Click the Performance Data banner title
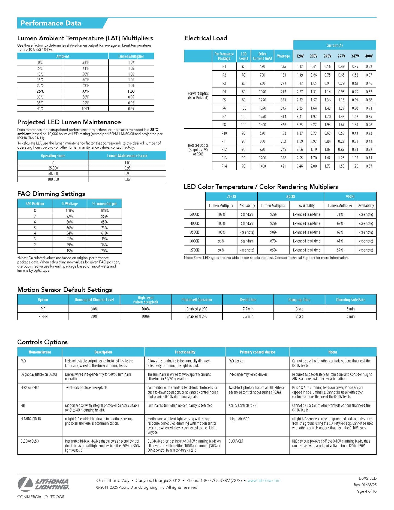pyautogui.click(x=51, y=23)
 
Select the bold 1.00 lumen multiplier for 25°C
pyautogui.click(x=131, y=91)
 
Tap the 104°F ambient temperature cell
pyautogui.click(x=85, y=109)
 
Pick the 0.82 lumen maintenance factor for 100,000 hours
pyautogui.click(x=127, y=179)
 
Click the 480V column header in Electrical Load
pyautogui.click(x=369, y=56)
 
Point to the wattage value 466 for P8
pyautogui.click(x=283, y=125)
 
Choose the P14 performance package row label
pyautogui.click(x=224, y=166)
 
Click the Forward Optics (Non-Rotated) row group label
pyautogui.click(x=198, y=95)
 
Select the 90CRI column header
pyautogui.click(x=350, y=197)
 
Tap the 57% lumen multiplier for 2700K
pyautogui.click(x=340, y=250)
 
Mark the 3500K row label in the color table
pyautogui.click(x=194, y=232)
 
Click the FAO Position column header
pyautogui.click(x=35, y=204)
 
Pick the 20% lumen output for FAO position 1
pyautogui.click(x=104, y=251)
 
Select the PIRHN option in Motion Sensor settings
pyautogui.click(x=43, y=316)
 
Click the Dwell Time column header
pyautogui.click(x=248, y=300)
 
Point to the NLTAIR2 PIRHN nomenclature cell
pyautogui.click(x=31, y=419)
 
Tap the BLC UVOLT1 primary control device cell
pyautogui.click(x=237, y=441)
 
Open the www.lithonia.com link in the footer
pyautogui.click(x=264, y=481)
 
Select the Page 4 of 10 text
pyautogui.click(x=366, y=491)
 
